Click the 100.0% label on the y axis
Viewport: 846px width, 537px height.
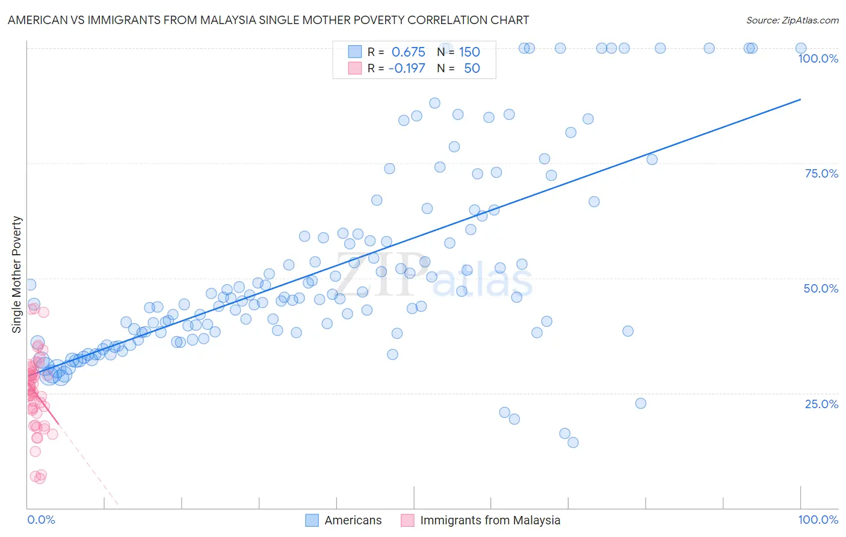(818, 58)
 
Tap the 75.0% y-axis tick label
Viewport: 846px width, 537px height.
(821, 173)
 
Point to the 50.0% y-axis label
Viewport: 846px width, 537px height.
(821, 288)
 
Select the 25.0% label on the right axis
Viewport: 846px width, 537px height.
(821, 403)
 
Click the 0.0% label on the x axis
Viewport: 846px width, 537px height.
(41, 520)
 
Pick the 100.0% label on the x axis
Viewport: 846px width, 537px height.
(818, 520)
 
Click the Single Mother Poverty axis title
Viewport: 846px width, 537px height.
(17, 275)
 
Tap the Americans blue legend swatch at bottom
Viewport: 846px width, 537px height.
(312, 520)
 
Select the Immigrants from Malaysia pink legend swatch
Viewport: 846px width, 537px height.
(407, 520)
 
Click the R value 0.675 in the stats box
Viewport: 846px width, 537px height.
(408, 52)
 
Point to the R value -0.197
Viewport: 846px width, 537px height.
(407, 68)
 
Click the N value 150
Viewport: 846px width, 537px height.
(469, 52)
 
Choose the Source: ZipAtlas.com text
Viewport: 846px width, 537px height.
(792, 20)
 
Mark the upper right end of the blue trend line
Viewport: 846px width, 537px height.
(800, 99)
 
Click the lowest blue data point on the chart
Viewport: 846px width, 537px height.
(573, 442)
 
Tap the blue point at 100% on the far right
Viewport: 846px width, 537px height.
(801, 48)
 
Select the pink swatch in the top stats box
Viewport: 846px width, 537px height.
(355, 68)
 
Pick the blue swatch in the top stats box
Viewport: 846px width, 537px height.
(355, 52)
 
